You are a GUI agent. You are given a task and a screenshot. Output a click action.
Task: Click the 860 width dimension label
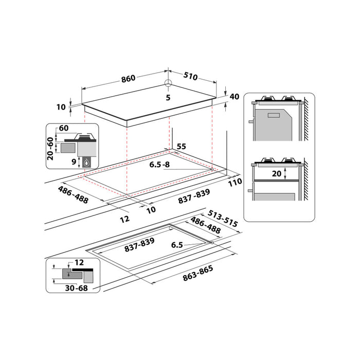(x=128, y=79)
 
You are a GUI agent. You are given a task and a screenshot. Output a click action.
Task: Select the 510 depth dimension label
(x=191, y=76)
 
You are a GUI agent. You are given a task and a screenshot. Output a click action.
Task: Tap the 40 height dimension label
(x=235, y=97)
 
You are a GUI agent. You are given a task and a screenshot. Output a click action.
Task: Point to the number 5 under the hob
(x=168, y=98)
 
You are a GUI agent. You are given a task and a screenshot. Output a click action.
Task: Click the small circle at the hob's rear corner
(x=168, y=83)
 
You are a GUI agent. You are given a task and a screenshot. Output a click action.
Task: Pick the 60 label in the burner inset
(x=64, y=128)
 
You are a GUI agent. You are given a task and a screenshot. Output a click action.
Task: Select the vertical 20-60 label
(x=50, y=149)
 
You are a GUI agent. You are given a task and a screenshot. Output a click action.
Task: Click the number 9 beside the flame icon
(x=74, y=161)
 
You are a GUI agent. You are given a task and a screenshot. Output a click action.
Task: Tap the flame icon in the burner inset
(x=86, y=163)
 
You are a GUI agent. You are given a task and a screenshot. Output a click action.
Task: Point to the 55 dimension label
(x=182, y=147)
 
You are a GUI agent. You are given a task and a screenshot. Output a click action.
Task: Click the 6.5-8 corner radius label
(x=159, y=165)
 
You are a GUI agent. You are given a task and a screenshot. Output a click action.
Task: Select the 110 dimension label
(x=235, y=182)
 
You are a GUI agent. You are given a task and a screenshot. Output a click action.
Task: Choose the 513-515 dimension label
(x=223, y=219)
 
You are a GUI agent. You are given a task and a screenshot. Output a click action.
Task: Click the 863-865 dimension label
(x=197, y=273)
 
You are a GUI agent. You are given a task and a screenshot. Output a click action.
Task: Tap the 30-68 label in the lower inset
(x=77, y=288)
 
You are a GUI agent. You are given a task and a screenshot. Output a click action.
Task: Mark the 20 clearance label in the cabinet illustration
(x=277, y=174)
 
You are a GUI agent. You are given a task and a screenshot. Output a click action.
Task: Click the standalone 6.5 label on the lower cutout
(x=177, y=245)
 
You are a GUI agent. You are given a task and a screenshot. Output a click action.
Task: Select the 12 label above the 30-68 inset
(x=79, y=262)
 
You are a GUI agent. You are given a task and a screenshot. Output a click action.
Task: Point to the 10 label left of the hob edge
(x=61, y=107)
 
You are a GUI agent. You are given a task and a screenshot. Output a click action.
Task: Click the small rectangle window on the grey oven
(x=274, y=115)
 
